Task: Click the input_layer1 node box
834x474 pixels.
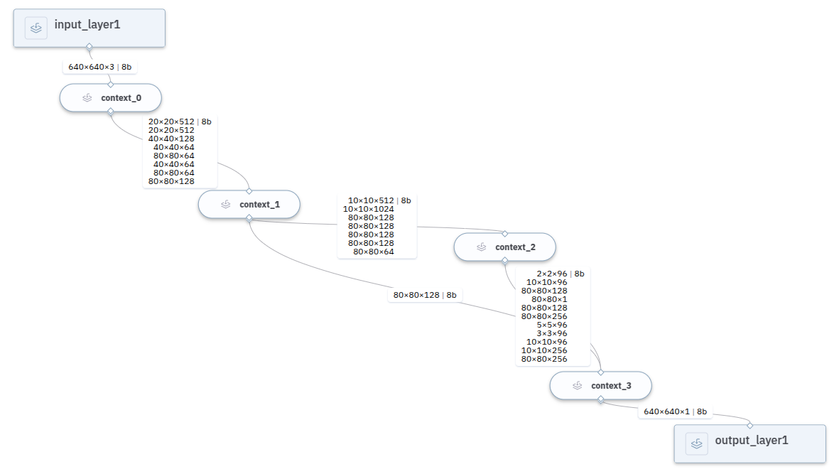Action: [x=90, y=28]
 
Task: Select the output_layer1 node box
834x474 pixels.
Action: [x=749, y=443]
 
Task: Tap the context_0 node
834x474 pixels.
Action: [x=110, y=98]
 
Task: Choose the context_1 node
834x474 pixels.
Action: [x=249, y=205]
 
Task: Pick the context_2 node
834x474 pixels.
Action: [x=504, y=247]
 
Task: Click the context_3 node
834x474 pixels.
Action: [x=600, y=386]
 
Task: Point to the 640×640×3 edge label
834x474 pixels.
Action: [x=91, y=67]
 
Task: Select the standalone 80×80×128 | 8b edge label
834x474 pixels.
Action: [x=425, y=295]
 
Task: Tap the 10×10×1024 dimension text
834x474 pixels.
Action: [x=368, y=209]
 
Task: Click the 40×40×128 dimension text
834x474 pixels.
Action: [x=171, y=139]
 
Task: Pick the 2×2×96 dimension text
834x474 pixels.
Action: [x=552, y=274]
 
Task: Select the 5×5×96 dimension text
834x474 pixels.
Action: [x=552, y=325]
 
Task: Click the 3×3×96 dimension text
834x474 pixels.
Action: [x=552, y=333]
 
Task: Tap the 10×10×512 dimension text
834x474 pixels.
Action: [x=370, y=200]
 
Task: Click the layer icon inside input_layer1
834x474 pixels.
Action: [x=36, y=28]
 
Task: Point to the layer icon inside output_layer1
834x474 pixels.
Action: [x=696, y=443]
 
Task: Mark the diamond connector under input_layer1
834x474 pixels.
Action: [x=90, y=47]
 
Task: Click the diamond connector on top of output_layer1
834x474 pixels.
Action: [x=749, y=425]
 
